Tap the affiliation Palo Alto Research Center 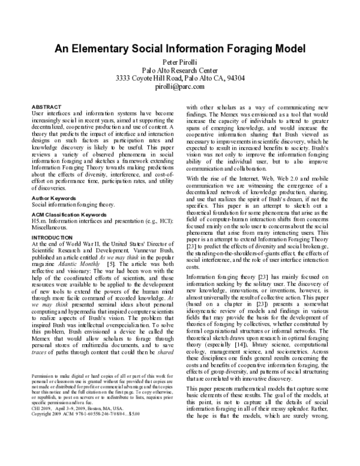(180, 70)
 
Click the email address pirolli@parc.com (180, 86)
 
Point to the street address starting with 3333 (180, 78)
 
